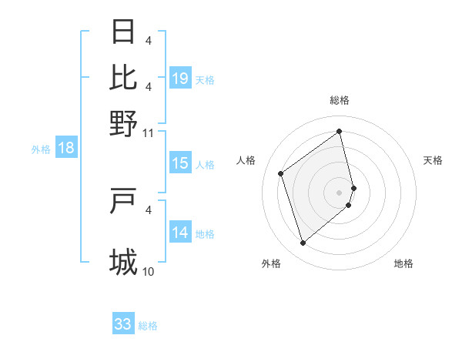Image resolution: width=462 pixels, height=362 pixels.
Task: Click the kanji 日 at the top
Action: coord(124,32)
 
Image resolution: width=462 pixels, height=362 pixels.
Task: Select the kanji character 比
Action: coord(124,77)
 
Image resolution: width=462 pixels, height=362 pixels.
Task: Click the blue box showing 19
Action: coord(180,79)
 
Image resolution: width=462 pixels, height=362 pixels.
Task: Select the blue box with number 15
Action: coord(180,163)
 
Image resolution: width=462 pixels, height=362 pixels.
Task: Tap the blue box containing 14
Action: coord(180,233)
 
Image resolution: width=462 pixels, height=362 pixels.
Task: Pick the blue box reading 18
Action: coord(66,148)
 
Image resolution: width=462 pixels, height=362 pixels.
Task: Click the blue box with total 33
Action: coord(123,324)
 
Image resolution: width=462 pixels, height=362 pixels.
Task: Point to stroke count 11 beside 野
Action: coord(148,132)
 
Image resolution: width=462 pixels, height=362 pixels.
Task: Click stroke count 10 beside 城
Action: coord(149,272)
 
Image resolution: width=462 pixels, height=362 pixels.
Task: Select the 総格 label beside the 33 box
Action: coord(148,326)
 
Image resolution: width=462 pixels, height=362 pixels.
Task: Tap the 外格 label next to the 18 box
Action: coord(40,149)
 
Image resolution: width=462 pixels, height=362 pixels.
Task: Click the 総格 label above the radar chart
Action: coord(340,100)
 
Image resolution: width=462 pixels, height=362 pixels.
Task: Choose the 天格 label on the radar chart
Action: coord(433,160)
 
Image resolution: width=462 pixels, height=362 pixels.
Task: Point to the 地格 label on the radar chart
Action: coord(403,263)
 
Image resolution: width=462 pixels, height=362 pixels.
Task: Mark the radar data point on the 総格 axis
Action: coord(340,132)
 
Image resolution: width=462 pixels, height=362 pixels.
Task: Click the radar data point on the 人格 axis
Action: coord(281,173)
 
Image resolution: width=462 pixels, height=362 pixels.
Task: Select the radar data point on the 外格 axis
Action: coord(303,243)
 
